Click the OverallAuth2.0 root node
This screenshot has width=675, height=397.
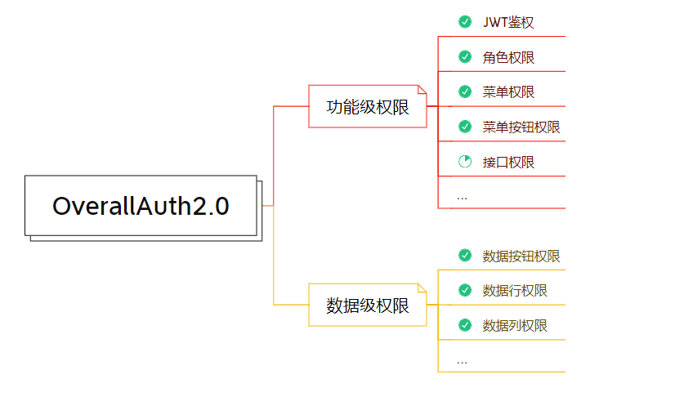pos(141,206)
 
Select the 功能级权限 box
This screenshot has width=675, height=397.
pos(368,106)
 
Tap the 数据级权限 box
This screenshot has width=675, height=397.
pos(368,305)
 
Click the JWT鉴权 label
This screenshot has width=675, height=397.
pos(508,22)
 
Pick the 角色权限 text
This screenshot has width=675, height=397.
pos(508,57)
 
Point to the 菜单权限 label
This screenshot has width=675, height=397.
pos(508,91)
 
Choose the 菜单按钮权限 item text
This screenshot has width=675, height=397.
pos(521,127)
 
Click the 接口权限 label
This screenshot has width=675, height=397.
pos(508,162)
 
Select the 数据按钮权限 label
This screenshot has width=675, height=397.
pos(521,256)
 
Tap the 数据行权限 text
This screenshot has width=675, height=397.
pos(515,290)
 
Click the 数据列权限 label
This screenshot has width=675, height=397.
pos(515,325)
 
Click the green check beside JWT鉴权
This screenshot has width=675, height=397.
pos(465,22)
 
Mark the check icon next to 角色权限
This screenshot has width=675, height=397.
pos(465,57)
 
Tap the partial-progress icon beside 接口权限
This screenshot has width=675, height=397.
pos(465,162)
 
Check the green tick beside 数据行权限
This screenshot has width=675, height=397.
pos(465,290)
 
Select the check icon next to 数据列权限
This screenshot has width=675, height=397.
pos(465,325)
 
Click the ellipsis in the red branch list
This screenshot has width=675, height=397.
pos(463,197)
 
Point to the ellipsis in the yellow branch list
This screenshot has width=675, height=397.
pos(463,360)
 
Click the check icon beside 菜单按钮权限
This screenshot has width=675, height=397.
pos(465,127)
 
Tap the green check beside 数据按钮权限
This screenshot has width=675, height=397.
pos(465,256)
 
